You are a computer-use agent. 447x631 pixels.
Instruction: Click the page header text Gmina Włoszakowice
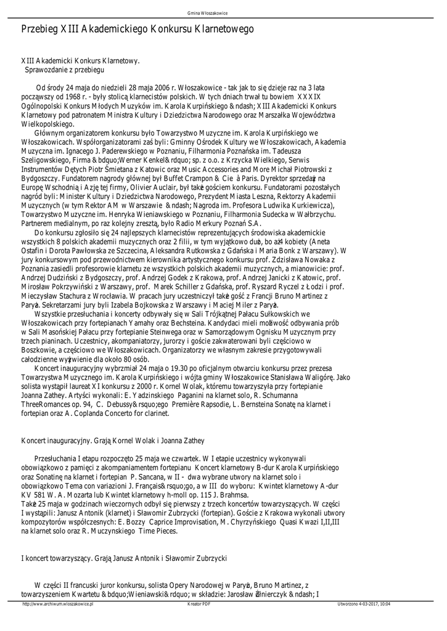tap(223, 12)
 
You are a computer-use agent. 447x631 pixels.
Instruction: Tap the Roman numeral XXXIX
tap(309, 97)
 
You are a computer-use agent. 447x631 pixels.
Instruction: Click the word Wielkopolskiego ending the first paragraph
tap(47, 123)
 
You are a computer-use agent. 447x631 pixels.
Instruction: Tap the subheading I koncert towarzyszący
tap(56, 558)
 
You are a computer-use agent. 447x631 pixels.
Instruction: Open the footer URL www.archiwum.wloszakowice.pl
tap(57, 604)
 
